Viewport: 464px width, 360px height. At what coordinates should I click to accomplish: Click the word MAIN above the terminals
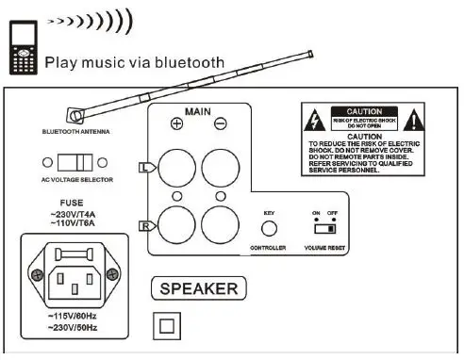(x=197, y=112)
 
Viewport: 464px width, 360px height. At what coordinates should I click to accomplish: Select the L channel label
(x=142, y=166)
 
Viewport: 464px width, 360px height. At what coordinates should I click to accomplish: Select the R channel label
(x=142, y=226)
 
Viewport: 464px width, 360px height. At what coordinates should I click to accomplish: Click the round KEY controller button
(x=269, y=227)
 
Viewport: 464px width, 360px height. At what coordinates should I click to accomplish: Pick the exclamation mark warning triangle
(x=415, y=121)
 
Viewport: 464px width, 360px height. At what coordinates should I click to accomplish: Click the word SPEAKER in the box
(x=198, y=288)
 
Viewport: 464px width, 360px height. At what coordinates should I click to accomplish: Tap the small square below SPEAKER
(x=166, y=325)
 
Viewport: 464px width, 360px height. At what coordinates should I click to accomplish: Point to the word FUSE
(x=71, y=202)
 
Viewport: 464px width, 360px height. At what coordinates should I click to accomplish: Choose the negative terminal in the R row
(x=221, y=225)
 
